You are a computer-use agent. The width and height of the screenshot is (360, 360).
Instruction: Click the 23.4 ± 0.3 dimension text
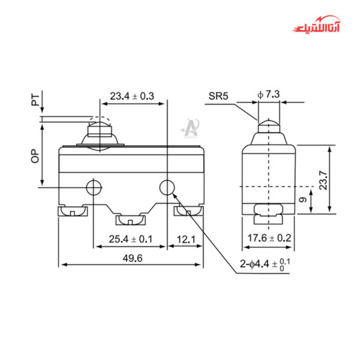tap(131, 96)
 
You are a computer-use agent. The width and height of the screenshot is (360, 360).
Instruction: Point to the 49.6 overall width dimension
tap(131, 258)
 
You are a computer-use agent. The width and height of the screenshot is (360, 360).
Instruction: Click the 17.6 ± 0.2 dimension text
tap(269, 239)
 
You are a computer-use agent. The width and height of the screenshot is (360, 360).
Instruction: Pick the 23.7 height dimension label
tap(323, 178)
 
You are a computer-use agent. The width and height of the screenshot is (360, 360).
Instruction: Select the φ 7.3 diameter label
tap(268, 94)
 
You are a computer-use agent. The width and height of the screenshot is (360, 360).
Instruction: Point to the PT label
tap(35, 101)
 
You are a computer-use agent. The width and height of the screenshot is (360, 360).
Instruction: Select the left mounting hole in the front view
tap(93, 188)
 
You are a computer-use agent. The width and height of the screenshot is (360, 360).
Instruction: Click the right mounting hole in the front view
tap(166, 188)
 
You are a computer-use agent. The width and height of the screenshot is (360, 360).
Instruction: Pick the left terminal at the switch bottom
tap(72, 211)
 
